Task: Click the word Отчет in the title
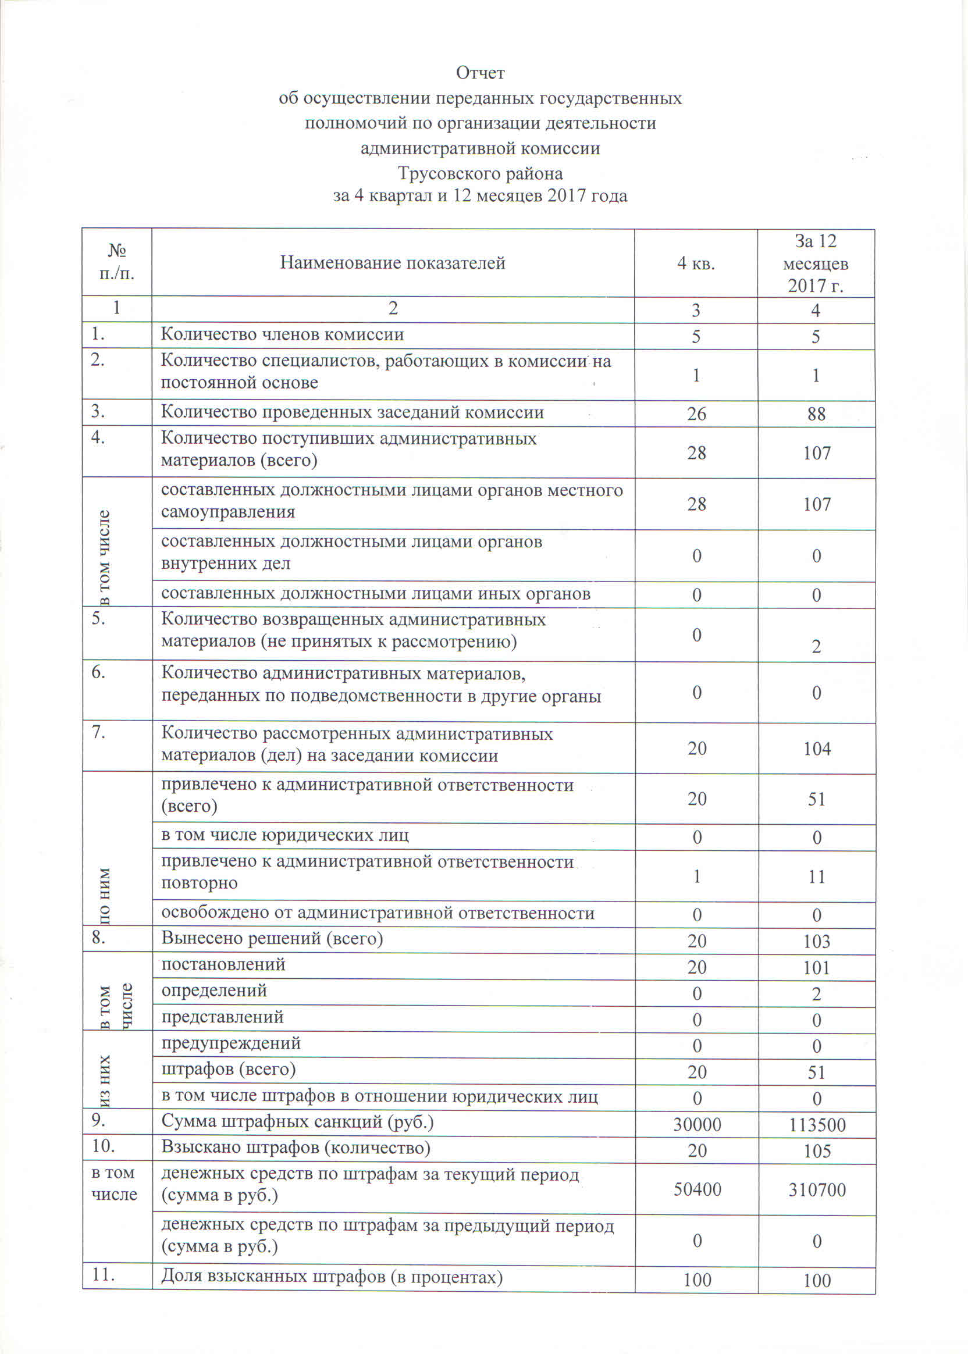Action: [480, 73]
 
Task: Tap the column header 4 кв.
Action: [696, 263]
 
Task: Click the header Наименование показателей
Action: [393, 263]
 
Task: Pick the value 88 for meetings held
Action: [816, 414]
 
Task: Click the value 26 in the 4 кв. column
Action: [696, 414]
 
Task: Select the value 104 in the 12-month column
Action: [817, 749]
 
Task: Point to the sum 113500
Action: [817, 1125]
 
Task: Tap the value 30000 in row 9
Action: [697, 1125]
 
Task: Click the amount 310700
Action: [817, 1190]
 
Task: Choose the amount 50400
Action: [697, 1189]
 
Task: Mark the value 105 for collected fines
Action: [817, 1151]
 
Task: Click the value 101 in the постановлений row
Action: [817, 967]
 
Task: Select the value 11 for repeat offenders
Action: [817, 876]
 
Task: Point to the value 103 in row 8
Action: [817, 941]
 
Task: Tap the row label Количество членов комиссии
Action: [283, 334]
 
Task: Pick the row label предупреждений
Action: [231, 1043]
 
